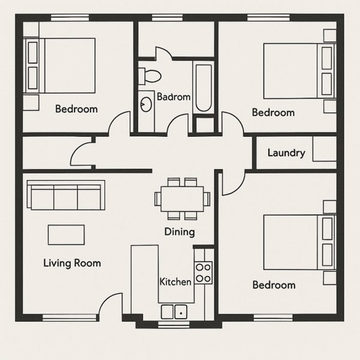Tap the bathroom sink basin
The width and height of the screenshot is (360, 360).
[x=146, y=104]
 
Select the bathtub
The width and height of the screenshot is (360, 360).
[x=203, y=88]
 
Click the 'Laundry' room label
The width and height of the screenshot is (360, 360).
[x=286, y=153]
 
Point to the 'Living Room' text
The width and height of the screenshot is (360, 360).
[x=72, y=263]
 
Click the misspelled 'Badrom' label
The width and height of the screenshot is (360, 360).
[x=173, y=97]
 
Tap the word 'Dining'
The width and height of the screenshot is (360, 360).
[x=179, y=232]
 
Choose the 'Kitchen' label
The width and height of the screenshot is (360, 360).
[x=175, y=282]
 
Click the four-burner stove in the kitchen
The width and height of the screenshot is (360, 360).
[x=203, y=273]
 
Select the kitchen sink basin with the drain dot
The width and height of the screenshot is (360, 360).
[x=181, y=312]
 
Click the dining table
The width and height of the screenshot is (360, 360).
[x=182, y=199]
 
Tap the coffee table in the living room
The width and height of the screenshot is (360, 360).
[x=66, y=235]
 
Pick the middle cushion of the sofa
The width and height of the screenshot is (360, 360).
[x=65, y=197]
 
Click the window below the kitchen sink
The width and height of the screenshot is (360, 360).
[x=174, y=325]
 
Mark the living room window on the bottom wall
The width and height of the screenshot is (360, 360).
[x=70, y=318]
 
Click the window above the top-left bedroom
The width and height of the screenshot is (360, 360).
[x=70, y=17]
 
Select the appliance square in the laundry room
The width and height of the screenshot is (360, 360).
[x=325, y=149]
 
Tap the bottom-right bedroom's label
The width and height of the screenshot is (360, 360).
[x=274, y=285]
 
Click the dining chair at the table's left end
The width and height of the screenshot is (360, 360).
[x=158, y=199]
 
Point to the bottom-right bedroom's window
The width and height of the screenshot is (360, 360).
[x=273, y=318]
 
